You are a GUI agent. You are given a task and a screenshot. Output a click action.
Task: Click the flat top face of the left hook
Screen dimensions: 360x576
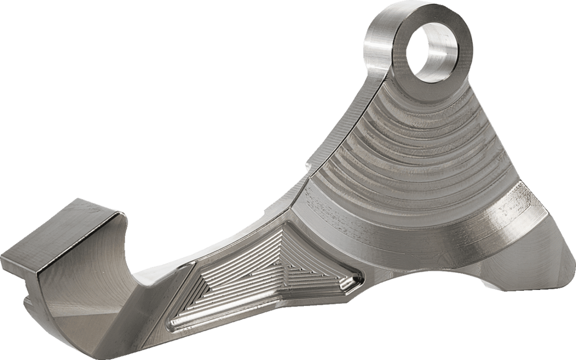(62, 235)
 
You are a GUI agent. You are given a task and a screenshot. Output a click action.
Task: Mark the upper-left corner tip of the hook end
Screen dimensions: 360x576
(2, 257)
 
